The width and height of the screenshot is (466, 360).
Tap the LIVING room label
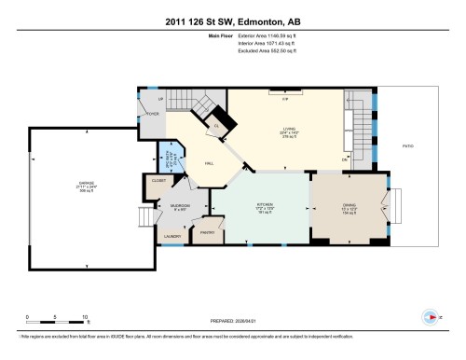[x=289, y=131]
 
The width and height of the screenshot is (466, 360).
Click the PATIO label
[x=407, y=145]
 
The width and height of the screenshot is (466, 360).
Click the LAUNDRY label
[x=172, y=237]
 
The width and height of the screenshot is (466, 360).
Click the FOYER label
[x=152, y=114]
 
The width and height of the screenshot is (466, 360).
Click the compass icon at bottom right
[x=430, y=315]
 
